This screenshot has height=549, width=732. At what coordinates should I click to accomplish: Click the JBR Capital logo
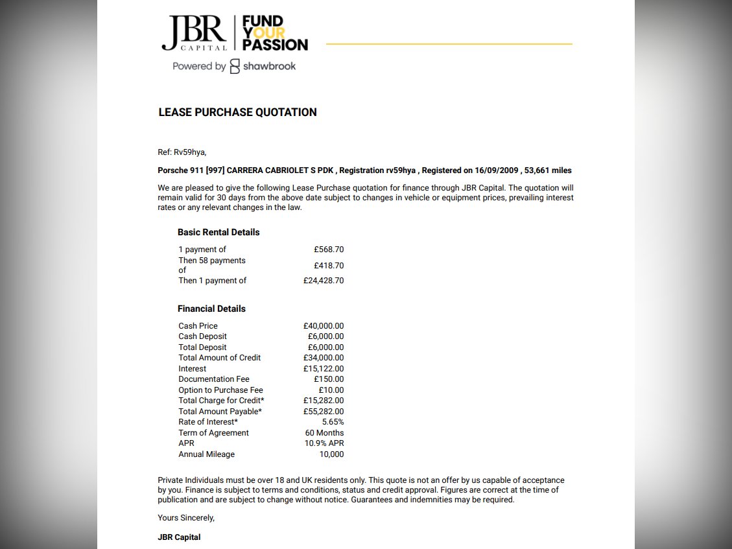194,33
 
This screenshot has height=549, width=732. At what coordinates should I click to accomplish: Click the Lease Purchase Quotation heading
237,112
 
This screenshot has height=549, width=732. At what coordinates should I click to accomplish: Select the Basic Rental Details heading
218,232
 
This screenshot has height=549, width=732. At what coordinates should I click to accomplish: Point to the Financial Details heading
211,309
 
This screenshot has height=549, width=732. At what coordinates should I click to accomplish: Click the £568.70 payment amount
329,250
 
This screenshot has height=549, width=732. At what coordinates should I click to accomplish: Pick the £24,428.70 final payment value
324,281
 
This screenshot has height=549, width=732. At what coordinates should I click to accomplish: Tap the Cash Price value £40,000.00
324,326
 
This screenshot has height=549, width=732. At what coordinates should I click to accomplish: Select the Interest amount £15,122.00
324,369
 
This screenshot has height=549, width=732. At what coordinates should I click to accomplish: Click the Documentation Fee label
214,379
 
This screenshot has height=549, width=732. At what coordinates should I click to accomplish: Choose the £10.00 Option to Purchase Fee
331,390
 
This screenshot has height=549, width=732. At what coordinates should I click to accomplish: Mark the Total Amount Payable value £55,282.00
324,412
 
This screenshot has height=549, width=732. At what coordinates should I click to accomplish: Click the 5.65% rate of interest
333,422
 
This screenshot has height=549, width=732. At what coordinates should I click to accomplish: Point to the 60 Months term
324,433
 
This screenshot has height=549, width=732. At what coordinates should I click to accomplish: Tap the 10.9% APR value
324,443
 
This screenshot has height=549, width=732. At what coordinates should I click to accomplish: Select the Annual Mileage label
206,454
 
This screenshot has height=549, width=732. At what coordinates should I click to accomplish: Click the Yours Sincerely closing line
186,518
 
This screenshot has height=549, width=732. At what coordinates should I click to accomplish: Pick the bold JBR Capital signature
179,537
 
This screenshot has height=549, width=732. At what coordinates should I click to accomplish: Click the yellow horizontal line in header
449,44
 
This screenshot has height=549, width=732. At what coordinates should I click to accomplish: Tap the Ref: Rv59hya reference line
182,152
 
